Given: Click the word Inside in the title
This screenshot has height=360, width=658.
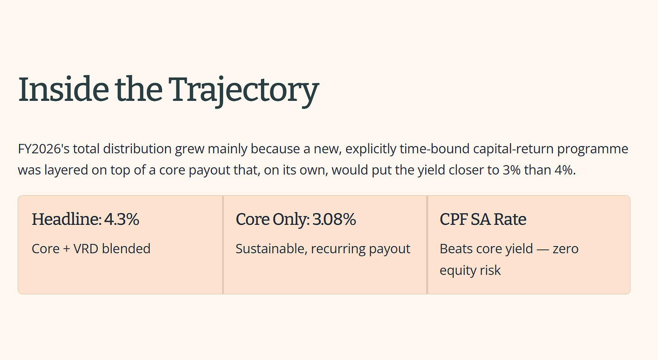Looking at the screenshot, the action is click(63, 89).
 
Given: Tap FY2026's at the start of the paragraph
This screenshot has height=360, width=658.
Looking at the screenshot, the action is click(44, 149).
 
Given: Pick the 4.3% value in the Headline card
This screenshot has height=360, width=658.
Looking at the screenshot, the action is click(122, 219).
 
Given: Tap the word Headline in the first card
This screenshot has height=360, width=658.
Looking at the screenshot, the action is click(66, 219).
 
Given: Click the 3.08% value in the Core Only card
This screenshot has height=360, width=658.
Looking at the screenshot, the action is click(334, 219).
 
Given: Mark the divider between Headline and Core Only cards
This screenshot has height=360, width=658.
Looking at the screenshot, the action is click(223, 245).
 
